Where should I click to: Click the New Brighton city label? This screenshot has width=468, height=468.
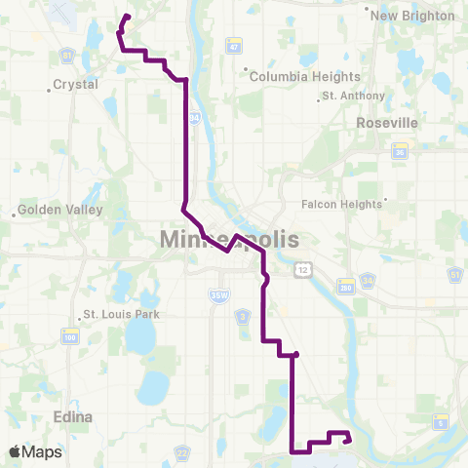[x=413, y=16]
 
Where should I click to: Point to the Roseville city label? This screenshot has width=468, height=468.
[x=387, y=123]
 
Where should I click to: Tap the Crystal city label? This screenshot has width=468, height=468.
[x=76, y=85]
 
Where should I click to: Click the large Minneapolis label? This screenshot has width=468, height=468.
[x=228, y=240]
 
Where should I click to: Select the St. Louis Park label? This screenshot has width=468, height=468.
[x=121, y=314]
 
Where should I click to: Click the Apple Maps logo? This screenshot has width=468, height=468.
[x=35, y=451]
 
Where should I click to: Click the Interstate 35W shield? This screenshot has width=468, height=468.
[x=216, y=292]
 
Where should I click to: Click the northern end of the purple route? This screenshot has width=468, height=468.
[x=128, y=16]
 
